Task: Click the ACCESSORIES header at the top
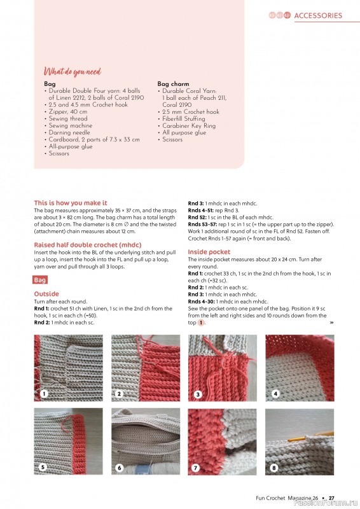(318, 15)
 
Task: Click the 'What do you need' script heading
(72, 72)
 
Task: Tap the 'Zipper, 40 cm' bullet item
(72, 111)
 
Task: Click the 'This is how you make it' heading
(71, 203)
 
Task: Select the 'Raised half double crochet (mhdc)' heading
(87, 245)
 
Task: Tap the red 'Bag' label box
(41, 280)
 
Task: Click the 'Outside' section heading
(46, 294)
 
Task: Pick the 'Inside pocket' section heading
(209, 252)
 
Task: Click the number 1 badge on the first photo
(44, 394)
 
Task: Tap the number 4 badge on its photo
(275, 394)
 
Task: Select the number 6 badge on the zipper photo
(119, 468)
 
